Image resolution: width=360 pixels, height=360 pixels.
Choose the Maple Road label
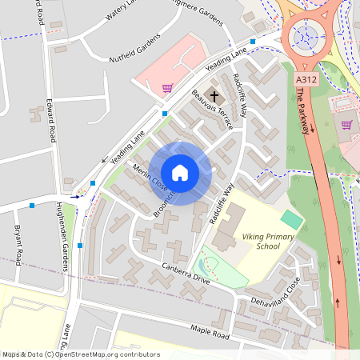click(210, 330)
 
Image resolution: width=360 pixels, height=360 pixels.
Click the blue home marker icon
click(180, 173)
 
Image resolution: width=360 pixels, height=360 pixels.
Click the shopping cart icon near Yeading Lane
click(167, 88)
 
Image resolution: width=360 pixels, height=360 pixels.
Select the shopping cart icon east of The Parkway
click(346, 124)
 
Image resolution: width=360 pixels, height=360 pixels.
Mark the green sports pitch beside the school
click(292, 218)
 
